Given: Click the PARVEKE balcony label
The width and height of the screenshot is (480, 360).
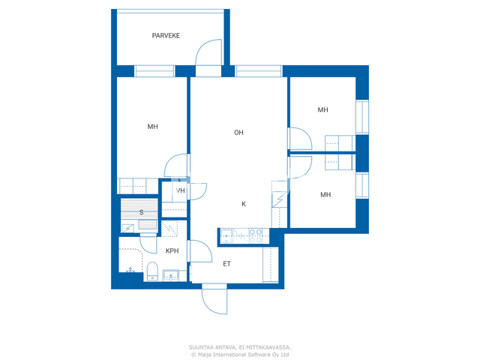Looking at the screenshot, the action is click(166, 35).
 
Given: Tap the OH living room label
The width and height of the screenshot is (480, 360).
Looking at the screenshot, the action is click(238, 133).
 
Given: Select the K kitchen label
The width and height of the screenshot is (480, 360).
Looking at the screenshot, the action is click(244, 204).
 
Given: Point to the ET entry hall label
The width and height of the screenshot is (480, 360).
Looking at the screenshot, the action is click(226, 264).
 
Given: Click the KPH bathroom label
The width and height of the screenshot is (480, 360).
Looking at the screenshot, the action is click(172, 251).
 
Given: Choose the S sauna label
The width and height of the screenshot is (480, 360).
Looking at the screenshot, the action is click(141, 212).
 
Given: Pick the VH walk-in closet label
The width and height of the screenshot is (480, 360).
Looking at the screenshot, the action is click(181, 190).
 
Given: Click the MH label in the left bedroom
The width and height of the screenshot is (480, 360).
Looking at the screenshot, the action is click(153, 127).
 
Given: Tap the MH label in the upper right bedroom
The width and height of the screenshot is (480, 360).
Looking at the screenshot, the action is click(323, 110).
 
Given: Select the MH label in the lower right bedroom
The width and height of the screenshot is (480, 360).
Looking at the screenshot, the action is click(325, 195).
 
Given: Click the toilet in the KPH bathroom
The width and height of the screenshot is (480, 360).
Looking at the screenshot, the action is click(152, 271).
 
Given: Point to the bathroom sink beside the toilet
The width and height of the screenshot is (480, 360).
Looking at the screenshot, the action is click(170, 275).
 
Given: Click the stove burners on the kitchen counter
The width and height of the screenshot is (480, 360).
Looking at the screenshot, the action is click(256, 236).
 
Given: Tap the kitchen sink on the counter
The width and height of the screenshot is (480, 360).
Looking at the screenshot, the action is click(226, 236).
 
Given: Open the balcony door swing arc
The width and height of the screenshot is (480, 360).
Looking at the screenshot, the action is click(208, 52).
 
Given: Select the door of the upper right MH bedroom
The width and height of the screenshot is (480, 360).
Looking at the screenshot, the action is click(300, 139).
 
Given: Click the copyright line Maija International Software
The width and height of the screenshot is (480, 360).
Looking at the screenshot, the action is click(240, 355).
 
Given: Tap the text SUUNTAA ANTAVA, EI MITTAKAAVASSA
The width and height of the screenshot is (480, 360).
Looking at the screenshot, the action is click(240, 347).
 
